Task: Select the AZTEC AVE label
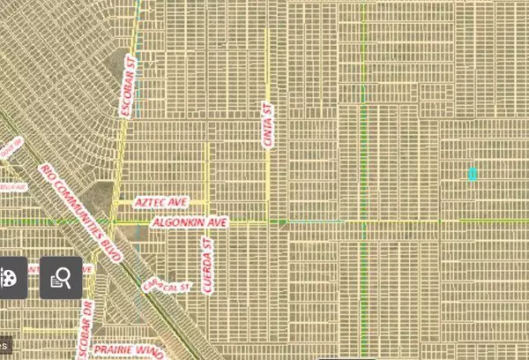tap(161, 202)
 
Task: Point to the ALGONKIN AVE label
tap(190, 223)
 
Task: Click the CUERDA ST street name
tap(209, 265)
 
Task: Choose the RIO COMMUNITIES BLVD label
tap(79, 207)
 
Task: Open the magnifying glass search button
tap(61, 278)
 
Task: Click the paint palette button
tap(7, 278)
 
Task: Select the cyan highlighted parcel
tap(473, 174)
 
